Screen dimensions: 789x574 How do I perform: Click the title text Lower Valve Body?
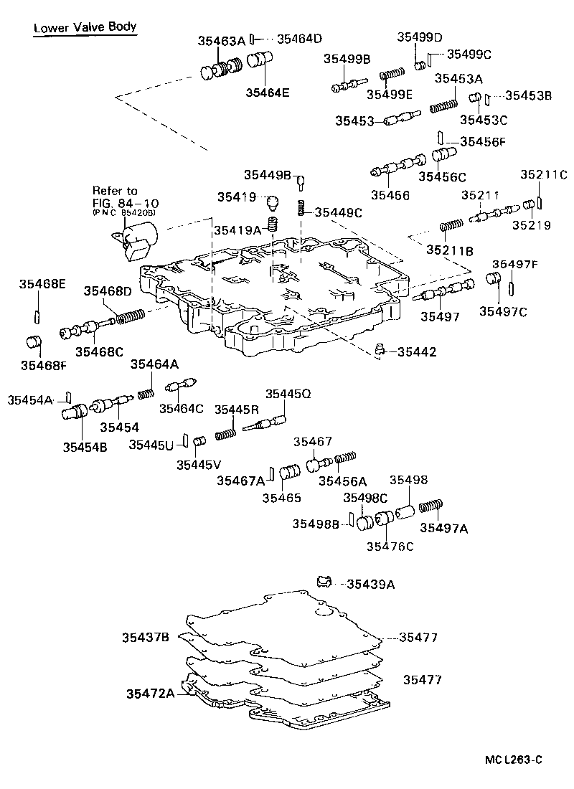pyautogui.click(x=85, y=27)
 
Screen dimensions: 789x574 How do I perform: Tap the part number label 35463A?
pyautogui.click(x=222, y=42)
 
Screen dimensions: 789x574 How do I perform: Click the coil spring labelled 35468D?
pyautogui.click(x=131, y=316)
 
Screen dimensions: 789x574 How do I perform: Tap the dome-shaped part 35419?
pyautogui.click(x=271, y=203)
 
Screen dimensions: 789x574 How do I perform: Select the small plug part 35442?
pyautogui.click(x=379, y=351)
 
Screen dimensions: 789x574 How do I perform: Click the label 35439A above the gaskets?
pyautogui.click(x=370, y=585)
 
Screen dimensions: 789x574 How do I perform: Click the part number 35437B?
pyautogui.click(x=145, y=636)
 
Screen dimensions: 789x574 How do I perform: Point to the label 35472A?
pyautogui.click(x=151, y=694)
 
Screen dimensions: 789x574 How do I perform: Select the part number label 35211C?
pyautogui.click(x=543, y=174)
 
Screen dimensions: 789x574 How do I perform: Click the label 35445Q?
pyautogui.click(x=288, y=394)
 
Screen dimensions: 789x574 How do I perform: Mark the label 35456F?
pyautogui.click(x=482, y=141)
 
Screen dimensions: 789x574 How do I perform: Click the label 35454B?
pyautogui.click(x=85, y=446)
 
